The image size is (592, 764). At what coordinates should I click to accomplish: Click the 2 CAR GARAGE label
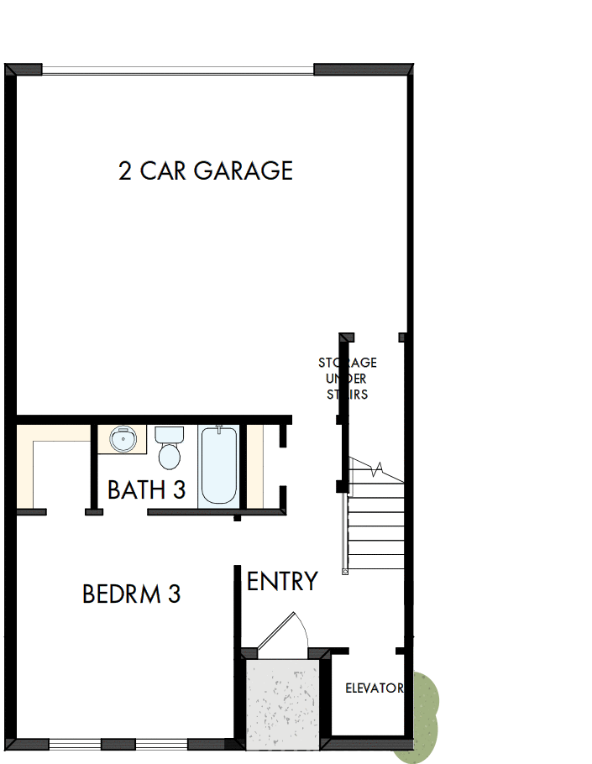(206, 170)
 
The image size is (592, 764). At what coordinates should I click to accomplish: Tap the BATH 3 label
(146, 489)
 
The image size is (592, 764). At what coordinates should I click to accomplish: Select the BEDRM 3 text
(131, 594)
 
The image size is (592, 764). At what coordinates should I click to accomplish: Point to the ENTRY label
(282, 581)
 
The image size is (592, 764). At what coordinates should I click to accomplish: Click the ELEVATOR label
(375, 688)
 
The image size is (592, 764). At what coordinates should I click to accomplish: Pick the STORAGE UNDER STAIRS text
(347, 378)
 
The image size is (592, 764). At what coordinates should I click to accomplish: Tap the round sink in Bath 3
(123, 438)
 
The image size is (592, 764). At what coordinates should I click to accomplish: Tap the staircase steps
(376, 529)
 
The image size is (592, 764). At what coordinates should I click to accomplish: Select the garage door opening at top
(178, 70)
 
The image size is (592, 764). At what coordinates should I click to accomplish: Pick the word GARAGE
(244, 170)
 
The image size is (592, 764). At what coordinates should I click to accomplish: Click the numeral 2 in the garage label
(125, 171)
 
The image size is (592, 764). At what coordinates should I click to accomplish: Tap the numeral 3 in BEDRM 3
(174, 594)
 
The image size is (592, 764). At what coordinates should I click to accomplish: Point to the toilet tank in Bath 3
(170, 435)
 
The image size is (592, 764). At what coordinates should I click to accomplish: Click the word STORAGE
(347, 363)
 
